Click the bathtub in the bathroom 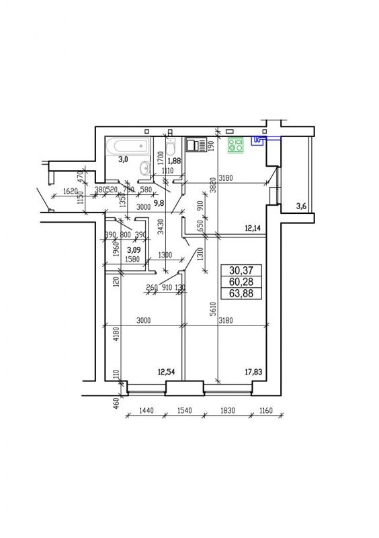click(128, 145)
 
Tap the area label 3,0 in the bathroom click(123, 160)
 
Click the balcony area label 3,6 click(302, 206)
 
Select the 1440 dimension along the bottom click(146, 410)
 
